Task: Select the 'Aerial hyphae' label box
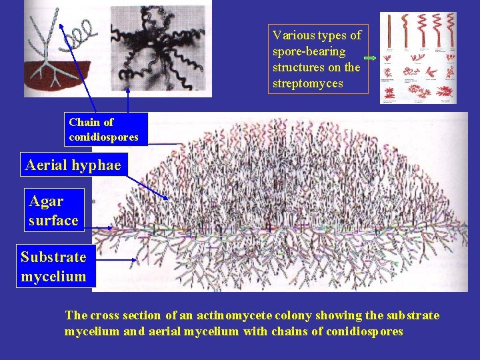(73, 165)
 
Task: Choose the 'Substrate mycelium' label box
(54, 266)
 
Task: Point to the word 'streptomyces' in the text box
(307, 83)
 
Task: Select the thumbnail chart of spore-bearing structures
(418, 58)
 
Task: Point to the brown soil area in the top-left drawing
(53, 77)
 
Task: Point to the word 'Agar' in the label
(46, 201)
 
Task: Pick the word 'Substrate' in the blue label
(53, 257)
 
